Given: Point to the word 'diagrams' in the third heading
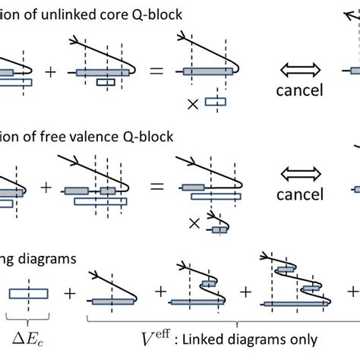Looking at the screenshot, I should [47, 257].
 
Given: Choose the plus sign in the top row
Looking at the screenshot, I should [51, 72].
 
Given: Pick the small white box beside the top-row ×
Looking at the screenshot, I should [216, 100].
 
